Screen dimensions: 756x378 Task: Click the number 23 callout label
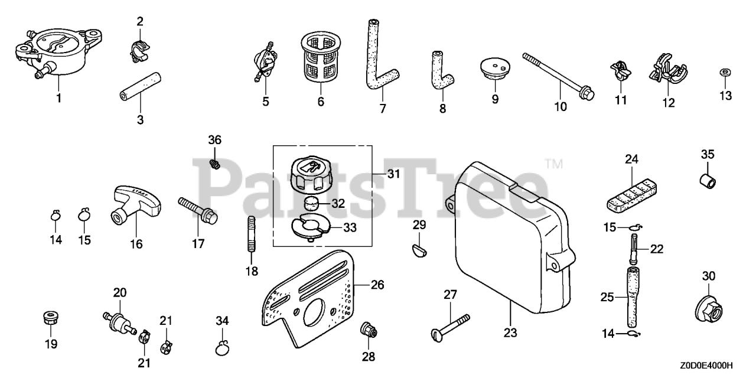tap(510, 333)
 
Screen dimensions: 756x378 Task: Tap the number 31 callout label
tap(393, 174)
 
